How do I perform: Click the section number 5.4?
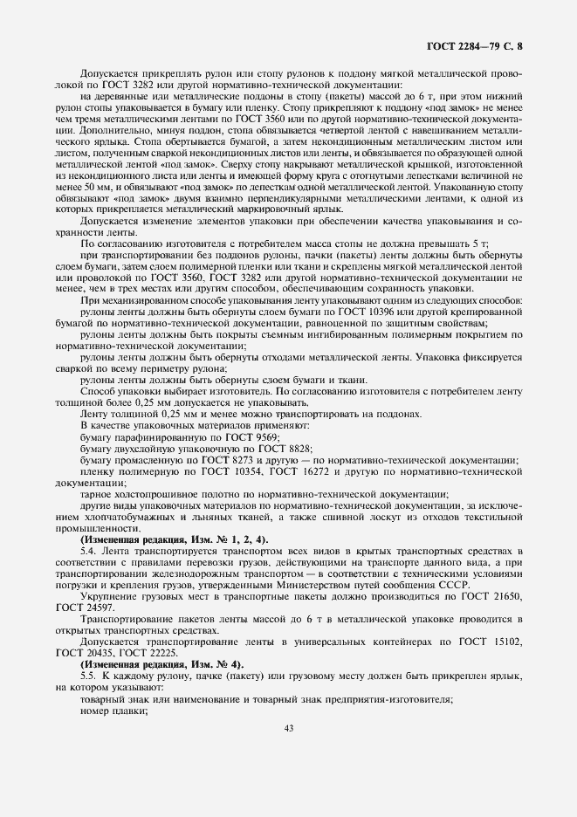click(x=89, y=551)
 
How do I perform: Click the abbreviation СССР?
click(x=452, y=585)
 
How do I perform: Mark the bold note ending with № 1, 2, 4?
click(x=161, y=539)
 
